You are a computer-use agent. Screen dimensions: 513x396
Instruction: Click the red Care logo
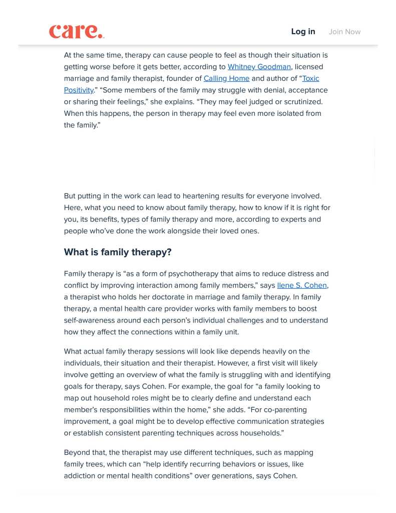pos(77,31)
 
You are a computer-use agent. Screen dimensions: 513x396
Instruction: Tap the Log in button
pos(303,32)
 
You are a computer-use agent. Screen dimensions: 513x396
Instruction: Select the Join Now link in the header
pos(344,32)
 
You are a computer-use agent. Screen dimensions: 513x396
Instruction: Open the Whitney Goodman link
pos(259,67)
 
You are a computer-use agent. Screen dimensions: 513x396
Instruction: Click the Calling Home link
pos(226,78)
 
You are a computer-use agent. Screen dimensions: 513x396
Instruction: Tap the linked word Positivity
pos(79,90)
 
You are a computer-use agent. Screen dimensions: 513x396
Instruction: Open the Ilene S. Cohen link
pos(302,285)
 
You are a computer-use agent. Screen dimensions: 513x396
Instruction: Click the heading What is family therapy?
pos(118,252)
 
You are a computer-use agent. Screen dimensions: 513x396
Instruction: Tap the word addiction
pos(80,475)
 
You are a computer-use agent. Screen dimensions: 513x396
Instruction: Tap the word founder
pos(179,78)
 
